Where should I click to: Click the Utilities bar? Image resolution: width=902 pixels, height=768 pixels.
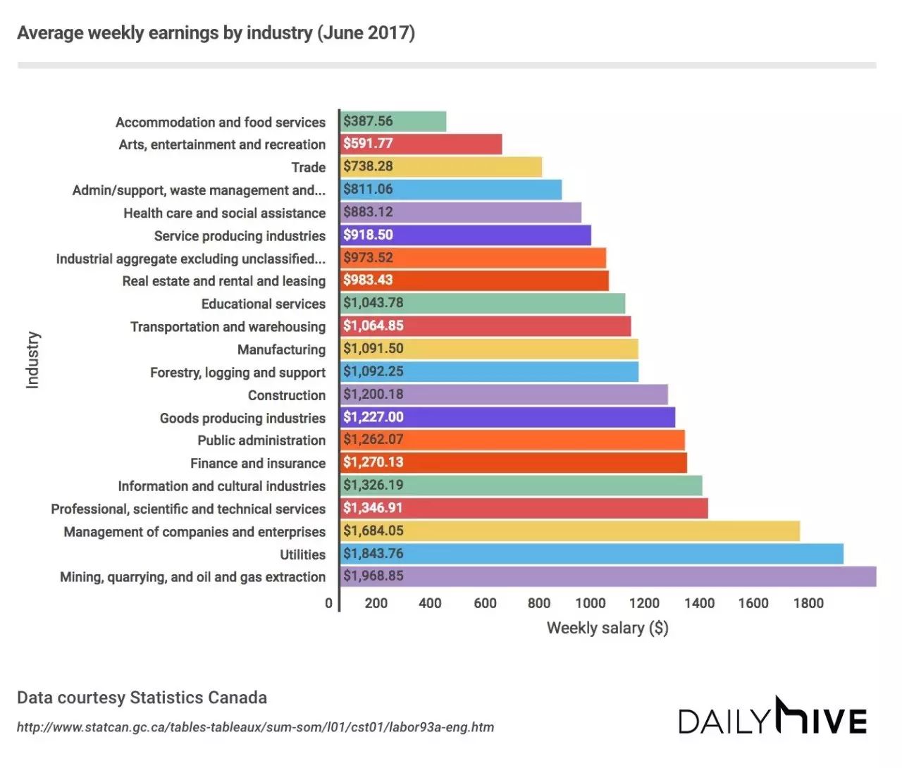pos(591,554)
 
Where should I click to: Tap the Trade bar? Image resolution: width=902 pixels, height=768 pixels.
pos(440,167)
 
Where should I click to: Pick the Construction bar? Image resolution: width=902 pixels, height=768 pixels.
pos(503,395)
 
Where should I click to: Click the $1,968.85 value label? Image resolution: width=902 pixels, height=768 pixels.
pos(373,576)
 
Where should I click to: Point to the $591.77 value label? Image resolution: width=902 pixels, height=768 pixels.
pos(368,144)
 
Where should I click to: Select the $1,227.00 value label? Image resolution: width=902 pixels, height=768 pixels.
pos(373,417)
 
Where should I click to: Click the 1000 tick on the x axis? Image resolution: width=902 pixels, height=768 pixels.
pos(591,603)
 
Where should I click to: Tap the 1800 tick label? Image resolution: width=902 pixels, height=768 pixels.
pos(808,603)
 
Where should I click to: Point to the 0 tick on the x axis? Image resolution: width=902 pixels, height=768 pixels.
pos(328,603)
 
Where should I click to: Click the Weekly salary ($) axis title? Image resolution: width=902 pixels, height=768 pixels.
pos(607,628)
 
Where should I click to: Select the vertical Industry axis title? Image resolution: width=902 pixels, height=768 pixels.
pos(32,359)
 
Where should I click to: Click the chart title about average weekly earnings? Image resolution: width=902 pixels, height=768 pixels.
pos(216,33)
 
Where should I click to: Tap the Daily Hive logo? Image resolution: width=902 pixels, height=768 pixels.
pos(772,717)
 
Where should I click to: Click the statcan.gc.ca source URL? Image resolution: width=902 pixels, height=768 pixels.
pos(255,727)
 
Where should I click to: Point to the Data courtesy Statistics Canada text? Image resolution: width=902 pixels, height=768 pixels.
pos(142,698)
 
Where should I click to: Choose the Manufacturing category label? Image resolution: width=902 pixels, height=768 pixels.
pos(281,349)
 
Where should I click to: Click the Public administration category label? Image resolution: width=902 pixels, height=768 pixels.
pos(261,440)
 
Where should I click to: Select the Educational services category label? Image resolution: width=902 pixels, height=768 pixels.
pos(264,304)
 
